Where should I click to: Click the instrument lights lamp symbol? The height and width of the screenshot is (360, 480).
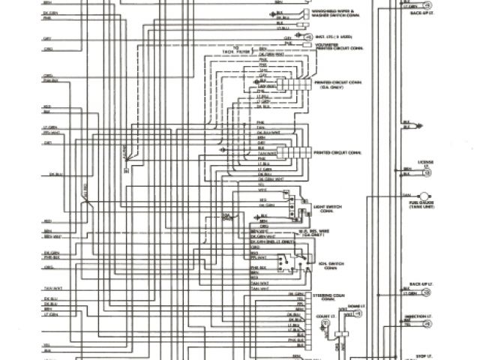(307, 35)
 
